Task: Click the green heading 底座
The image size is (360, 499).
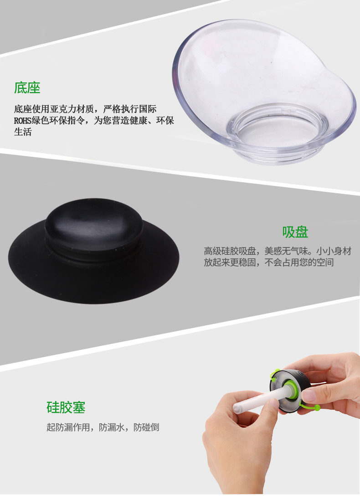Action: click(27, 88)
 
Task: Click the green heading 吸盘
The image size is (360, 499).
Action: click(295, 232)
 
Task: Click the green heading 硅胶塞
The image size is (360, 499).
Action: click(66, 407)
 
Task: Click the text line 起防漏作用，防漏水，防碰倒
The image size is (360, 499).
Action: click(103, 428)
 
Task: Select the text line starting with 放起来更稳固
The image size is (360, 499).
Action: click(268, 263)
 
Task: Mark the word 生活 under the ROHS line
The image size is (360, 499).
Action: click(23, 133)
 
